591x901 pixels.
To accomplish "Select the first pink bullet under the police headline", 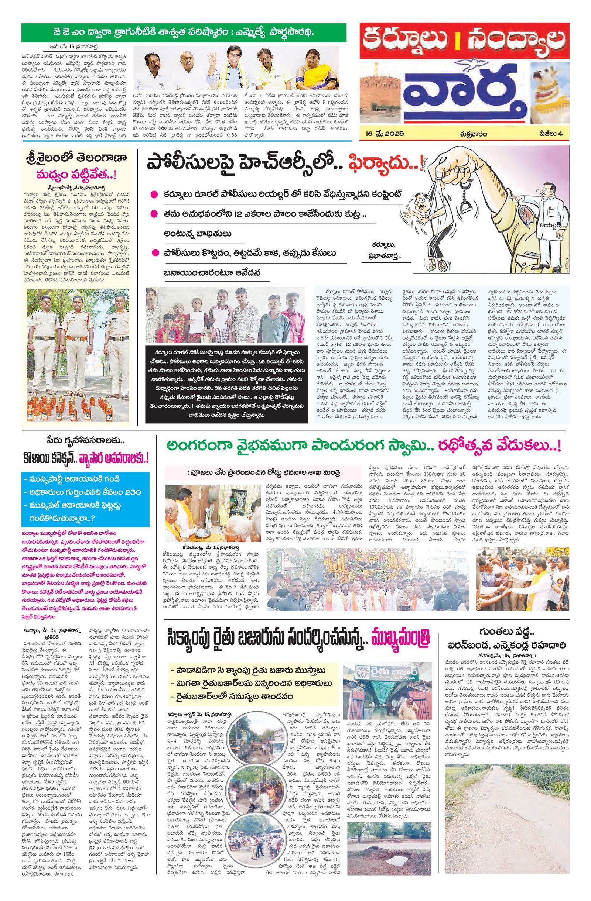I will [154, 195].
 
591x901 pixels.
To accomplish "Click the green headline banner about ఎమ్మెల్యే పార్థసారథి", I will [183, 33].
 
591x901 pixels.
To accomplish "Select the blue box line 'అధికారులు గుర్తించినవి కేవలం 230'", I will [83, 492].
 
